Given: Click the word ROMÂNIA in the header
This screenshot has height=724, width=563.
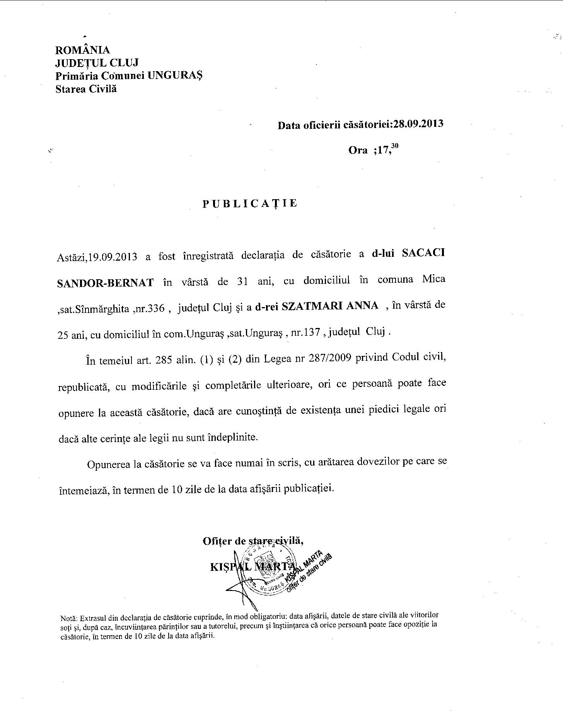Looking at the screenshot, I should [x=83, y=50].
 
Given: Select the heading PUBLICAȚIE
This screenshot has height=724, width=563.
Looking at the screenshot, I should [x=250, y=204].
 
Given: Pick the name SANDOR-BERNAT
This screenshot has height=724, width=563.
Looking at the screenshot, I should [x=105, y=283].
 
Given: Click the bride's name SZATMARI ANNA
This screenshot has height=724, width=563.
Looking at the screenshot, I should [x=330, y=306].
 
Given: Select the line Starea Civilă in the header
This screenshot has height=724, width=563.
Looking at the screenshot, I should [x=86, y=89].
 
